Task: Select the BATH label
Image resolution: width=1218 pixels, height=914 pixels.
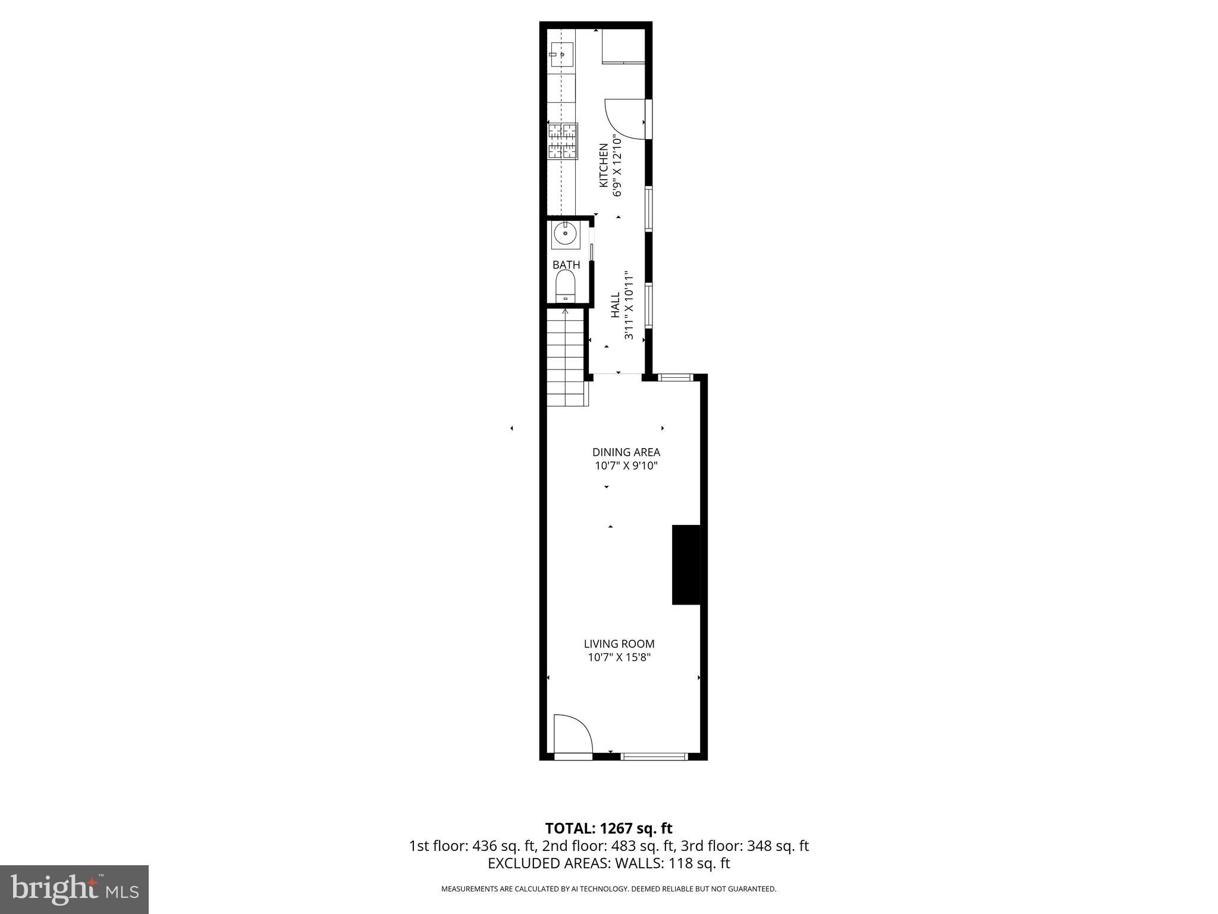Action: click(566, 265)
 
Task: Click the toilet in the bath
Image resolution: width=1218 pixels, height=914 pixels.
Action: click(565, 286)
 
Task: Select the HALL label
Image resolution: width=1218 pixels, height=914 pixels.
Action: click(615, 304)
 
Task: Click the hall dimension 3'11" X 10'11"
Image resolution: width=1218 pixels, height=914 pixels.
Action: click(629, 305)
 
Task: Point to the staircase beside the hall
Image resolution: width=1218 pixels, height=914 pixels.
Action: click(567, 357)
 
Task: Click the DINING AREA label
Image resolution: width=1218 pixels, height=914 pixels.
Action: click(626, 452)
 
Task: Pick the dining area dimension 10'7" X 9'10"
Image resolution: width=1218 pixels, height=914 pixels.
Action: click(626, 465)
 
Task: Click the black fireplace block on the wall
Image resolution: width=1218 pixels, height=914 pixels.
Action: click(686, 565)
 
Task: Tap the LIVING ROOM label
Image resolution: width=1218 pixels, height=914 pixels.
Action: click(619, 643)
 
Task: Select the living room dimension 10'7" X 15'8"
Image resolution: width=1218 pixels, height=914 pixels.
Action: click(619, 658)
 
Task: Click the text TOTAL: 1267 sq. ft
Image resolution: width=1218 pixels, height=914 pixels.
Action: click(608, 828)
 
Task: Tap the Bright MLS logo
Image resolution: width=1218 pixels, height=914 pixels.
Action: click(74, 889)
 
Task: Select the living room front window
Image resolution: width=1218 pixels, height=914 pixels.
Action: click(654, 756)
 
